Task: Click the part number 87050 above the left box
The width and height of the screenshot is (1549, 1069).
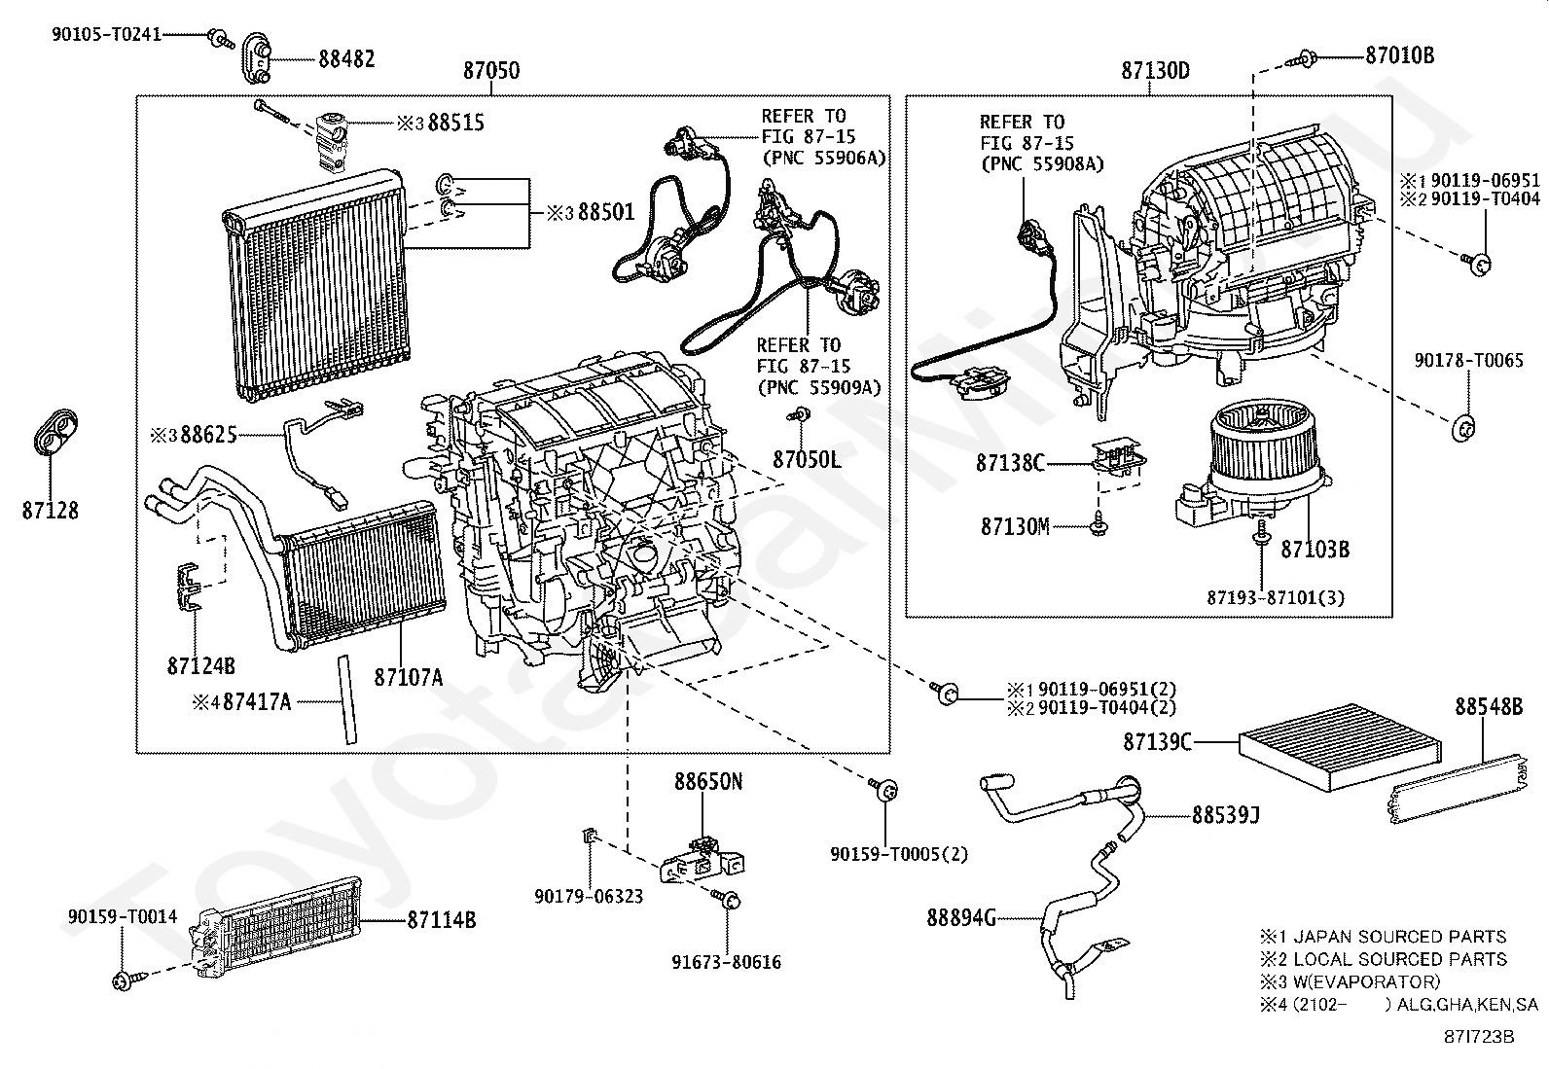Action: tap(490, 71)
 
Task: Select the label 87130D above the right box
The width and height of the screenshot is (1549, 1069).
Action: tap(1155, 71)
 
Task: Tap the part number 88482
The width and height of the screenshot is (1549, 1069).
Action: tap(346, 58)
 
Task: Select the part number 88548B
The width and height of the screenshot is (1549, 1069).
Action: tap(1489, 706)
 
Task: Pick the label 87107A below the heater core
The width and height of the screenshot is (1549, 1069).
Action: tap(408, 677)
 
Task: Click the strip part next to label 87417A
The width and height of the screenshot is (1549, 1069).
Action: tap(345, 698)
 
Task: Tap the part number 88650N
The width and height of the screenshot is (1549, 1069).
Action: tap(708, 781)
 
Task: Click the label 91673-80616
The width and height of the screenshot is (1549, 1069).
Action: tap(726, 962)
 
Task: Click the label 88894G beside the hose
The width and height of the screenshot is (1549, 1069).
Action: tap(961, 916)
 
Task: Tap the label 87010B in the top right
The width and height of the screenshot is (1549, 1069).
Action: tap(1399, 55)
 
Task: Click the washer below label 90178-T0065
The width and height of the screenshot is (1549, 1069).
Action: tap(1460, 428)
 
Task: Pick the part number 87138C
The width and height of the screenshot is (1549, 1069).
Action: tap(1010, 463)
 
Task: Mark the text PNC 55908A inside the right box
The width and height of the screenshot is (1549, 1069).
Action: tap(1042, 163)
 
